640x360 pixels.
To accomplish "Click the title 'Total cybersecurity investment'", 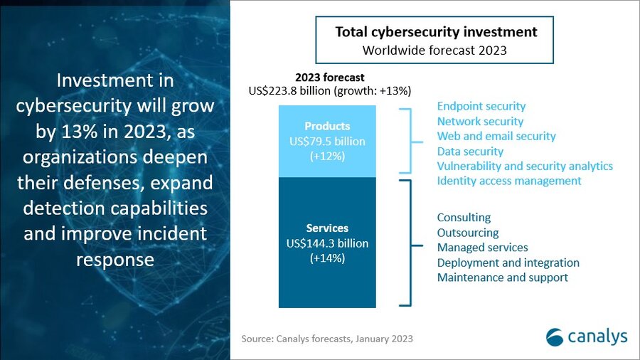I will point(436,33).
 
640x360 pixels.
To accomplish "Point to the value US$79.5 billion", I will point(326,142).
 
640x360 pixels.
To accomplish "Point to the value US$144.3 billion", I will point(326,243).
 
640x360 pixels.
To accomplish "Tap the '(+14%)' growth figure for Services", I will point(326,258).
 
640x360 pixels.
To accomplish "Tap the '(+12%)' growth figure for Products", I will point(326,156).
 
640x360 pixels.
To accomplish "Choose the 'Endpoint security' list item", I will point(481,107).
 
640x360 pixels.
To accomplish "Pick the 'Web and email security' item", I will point(496,136).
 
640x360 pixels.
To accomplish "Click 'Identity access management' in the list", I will point(508,181).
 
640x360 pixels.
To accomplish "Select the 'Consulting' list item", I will point(464,218).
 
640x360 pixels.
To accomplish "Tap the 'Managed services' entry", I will point(482,248).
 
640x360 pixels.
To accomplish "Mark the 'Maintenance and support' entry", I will point(502,277).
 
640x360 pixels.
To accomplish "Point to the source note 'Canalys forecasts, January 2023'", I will point(327,339).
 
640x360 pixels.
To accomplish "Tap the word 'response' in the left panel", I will point(114,259).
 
